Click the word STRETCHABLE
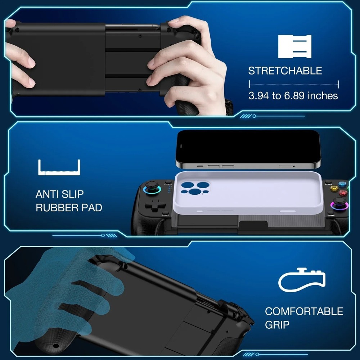point(285,71)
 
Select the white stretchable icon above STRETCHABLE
point(294,46)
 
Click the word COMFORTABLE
point(304,311)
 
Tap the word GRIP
point(277,325)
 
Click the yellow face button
point(334,188)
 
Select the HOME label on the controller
point(331,215)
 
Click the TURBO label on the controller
point(166,215)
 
